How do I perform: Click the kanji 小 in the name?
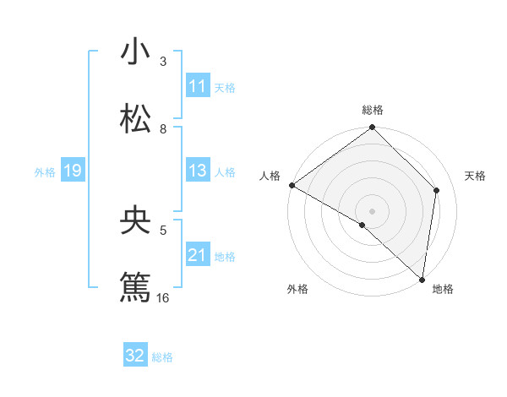135,52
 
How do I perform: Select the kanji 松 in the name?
135,119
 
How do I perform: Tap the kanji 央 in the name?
135,221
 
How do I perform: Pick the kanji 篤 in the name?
135,287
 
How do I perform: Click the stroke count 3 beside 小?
163,62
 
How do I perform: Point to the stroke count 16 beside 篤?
163,297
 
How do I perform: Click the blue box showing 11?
198,86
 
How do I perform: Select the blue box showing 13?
198,171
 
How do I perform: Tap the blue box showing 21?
198,255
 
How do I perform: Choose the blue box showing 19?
72,171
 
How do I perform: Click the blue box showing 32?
135,356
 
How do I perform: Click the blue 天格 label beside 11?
225,87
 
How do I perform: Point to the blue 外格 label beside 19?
45,171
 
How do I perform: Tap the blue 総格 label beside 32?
162,356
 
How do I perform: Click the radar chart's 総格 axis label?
373,110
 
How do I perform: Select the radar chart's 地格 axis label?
443,290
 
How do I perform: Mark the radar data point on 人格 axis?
292,185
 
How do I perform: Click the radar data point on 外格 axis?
363,225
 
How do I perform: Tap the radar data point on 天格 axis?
437,190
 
